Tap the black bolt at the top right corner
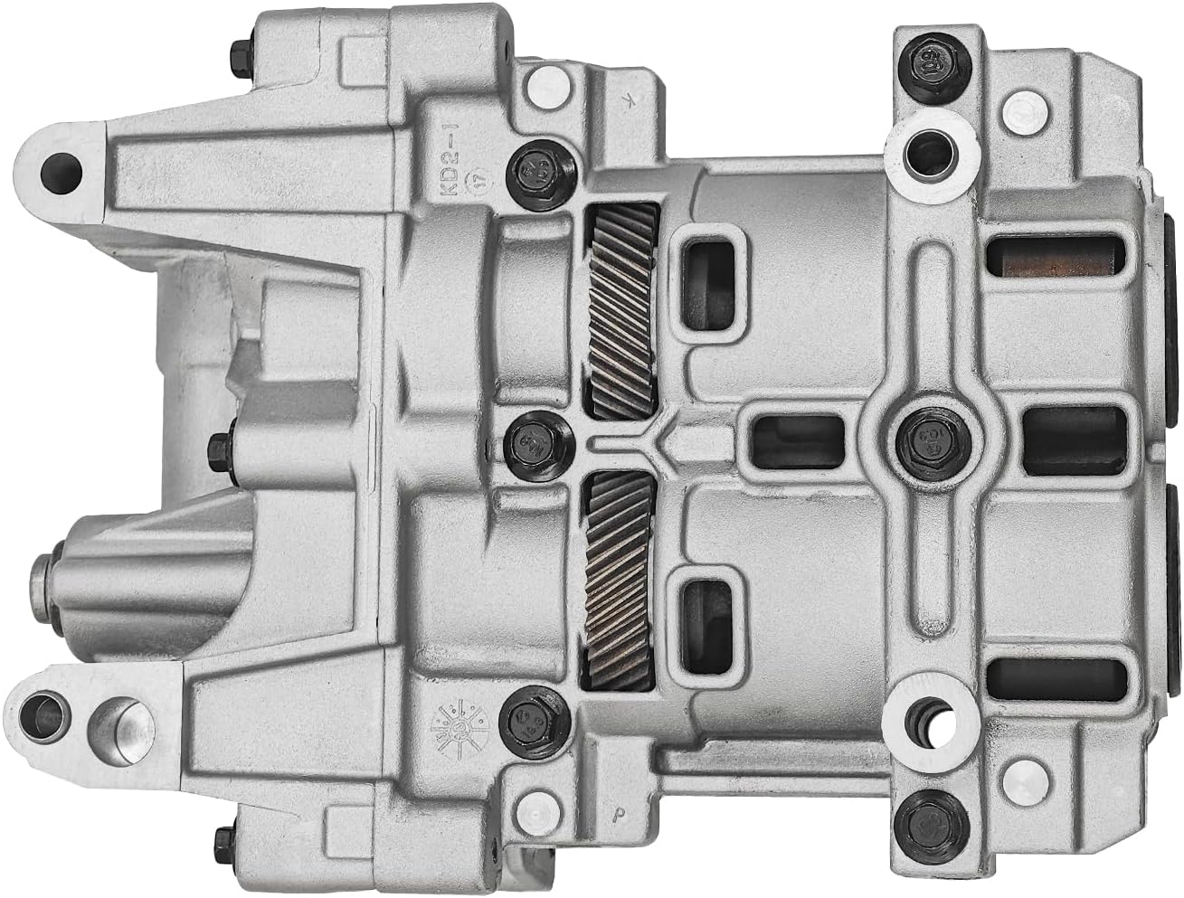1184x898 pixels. (929, 62)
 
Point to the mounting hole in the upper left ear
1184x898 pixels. (59, 166)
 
